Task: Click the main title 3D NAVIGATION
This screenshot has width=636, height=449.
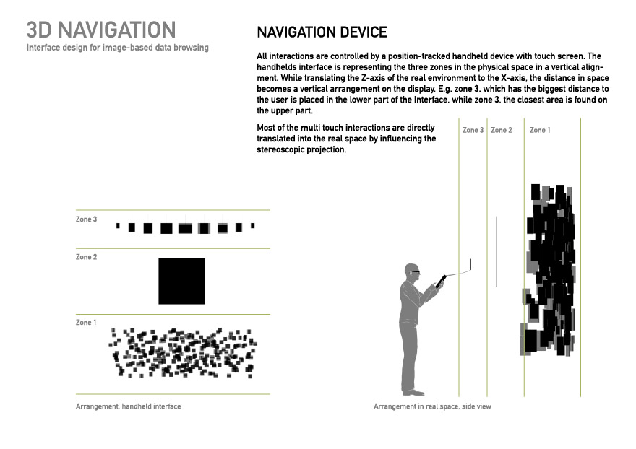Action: click(x=101, y=30)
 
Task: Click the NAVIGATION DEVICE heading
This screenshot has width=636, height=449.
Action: click(x=322, y=32)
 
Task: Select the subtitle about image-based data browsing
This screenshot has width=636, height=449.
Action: click(x=118, y=48)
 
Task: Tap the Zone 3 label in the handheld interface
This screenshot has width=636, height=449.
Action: click(x=86, y=219)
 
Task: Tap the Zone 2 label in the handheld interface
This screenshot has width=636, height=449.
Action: click(x=86, y=257)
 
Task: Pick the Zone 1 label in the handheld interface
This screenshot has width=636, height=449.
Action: click(x=86, y=323)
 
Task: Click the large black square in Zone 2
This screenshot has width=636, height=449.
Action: click(x=181, y=281)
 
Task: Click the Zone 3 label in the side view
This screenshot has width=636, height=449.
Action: click(x=473, y=130)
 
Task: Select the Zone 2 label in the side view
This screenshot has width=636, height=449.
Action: click(x=502, y=130)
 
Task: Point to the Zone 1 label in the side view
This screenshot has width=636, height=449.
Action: click(x=540, y=130)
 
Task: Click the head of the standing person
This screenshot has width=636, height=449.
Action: click(x=411, y=271)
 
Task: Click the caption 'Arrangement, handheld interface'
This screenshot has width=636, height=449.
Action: click(x=128, y=406)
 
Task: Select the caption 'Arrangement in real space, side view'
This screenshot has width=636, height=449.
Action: click(x=432, y=406)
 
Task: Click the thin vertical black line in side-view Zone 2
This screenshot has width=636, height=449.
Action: click(x=497, y=250)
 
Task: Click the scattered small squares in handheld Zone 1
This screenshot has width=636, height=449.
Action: click(x=183, y=353)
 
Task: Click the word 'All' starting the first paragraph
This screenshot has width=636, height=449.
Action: click(x=262, y=56)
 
